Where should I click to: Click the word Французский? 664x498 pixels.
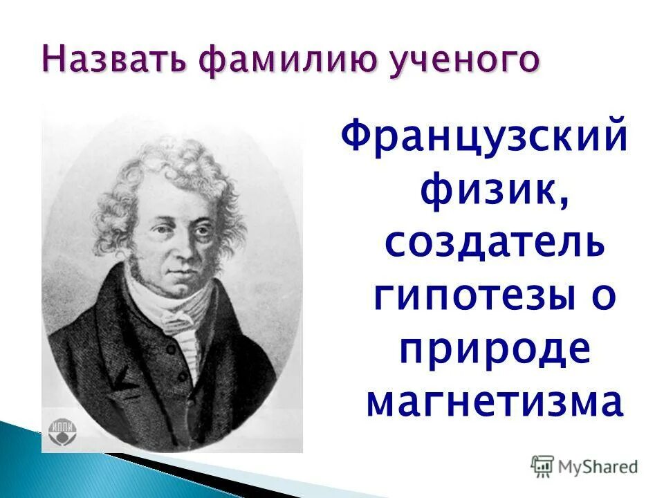485,136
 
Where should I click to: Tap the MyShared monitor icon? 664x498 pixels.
542,465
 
